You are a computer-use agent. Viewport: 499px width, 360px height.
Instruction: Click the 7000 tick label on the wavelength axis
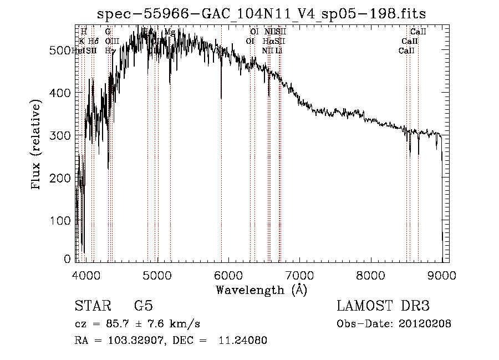click(299, 275)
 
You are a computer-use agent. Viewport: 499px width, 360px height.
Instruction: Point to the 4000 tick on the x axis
click(86, 275)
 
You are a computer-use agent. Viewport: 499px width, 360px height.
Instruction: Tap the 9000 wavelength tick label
click(442, 275)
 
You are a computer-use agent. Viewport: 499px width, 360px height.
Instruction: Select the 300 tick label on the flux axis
click(62, 135)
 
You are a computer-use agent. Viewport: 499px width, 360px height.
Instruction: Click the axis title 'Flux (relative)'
click(37, 145)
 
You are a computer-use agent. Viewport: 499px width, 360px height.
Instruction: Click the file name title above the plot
click(261, 13)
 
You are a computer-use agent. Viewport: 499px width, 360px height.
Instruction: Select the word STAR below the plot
click(93, 306)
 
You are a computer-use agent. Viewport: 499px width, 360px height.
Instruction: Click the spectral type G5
click(143, 306)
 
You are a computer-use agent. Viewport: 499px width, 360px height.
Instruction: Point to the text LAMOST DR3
click(383, 306)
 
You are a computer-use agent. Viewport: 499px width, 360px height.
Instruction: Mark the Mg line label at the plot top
click(170, 32)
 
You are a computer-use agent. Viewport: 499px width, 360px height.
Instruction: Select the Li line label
click(279, 50)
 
